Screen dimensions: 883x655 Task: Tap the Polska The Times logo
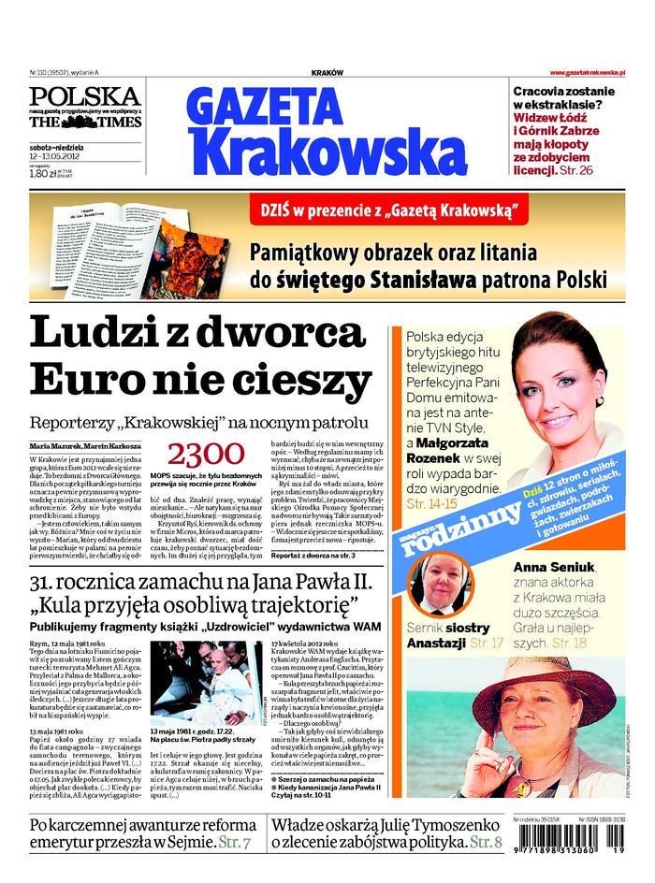(84, 109)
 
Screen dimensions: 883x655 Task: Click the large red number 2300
(206, 455)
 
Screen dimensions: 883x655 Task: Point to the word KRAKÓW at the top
(327, 73)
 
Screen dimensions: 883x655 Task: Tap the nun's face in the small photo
(439, 586)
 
